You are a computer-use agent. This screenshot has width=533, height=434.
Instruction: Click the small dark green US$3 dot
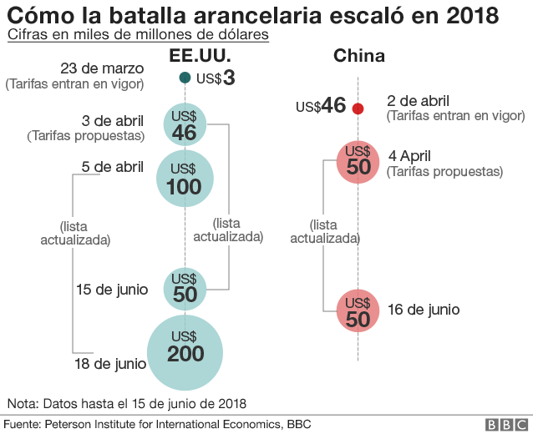pos(185,78)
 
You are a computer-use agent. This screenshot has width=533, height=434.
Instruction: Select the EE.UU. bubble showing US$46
pos(185,124)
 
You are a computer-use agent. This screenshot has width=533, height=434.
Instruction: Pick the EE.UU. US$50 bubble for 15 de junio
pos(185,288)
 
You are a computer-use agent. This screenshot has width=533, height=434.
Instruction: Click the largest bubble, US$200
pos(185,351)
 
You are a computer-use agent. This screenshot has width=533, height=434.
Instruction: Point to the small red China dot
pos(358,108)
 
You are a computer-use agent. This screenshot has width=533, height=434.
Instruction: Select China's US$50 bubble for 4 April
pos(358,161)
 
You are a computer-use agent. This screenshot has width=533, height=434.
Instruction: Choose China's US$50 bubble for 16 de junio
pos(358,310)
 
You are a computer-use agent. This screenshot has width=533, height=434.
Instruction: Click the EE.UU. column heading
pos(199,56)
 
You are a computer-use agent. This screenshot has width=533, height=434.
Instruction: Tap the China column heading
pos(358,56)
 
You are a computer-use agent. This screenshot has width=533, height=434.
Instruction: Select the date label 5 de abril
pos(113,167)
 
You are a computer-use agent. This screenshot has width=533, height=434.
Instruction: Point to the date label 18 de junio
pos(109,364)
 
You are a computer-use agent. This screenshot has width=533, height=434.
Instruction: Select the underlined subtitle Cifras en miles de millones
pos(138,35)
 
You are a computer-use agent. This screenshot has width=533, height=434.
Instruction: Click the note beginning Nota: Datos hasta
pos(126,403)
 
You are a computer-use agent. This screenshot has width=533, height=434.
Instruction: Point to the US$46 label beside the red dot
pos(321,106)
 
